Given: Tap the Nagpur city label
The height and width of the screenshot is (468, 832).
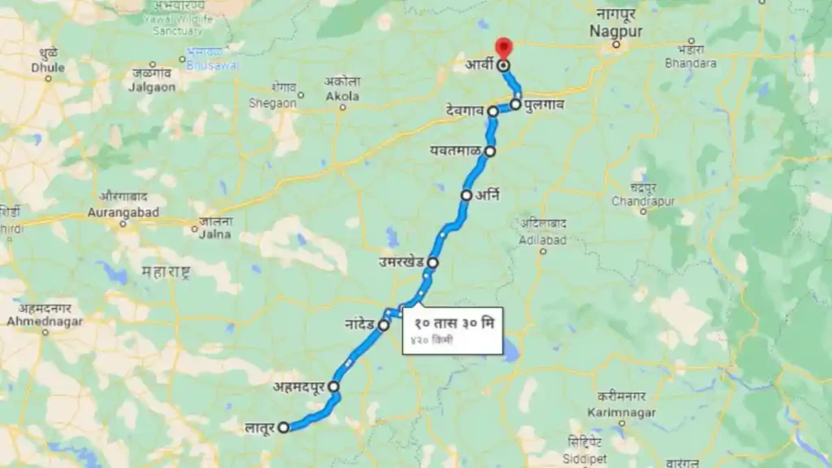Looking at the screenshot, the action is point(617,31).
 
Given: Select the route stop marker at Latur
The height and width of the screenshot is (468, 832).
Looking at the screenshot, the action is point(283,427).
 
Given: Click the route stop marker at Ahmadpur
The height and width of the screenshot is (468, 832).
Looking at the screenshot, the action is point(333,388).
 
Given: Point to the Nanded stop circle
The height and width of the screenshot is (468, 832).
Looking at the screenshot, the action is point(383,325).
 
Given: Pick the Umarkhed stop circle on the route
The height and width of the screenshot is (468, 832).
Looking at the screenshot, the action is point(433,262).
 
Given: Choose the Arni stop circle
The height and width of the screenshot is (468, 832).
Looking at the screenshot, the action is point(466,195).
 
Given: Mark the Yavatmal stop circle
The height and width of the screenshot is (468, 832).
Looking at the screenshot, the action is point(490,151).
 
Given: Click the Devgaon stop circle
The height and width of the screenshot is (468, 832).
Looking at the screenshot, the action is point(493,110).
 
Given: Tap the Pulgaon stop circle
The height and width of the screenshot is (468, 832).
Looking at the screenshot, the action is point(516,104).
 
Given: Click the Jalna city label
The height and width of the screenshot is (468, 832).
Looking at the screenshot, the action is point(215,233).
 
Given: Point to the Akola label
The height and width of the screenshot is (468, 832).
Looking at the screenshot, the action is point(342,96).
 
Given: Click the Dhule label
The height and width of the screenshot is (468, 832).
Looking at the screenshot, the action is point(48,67).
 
